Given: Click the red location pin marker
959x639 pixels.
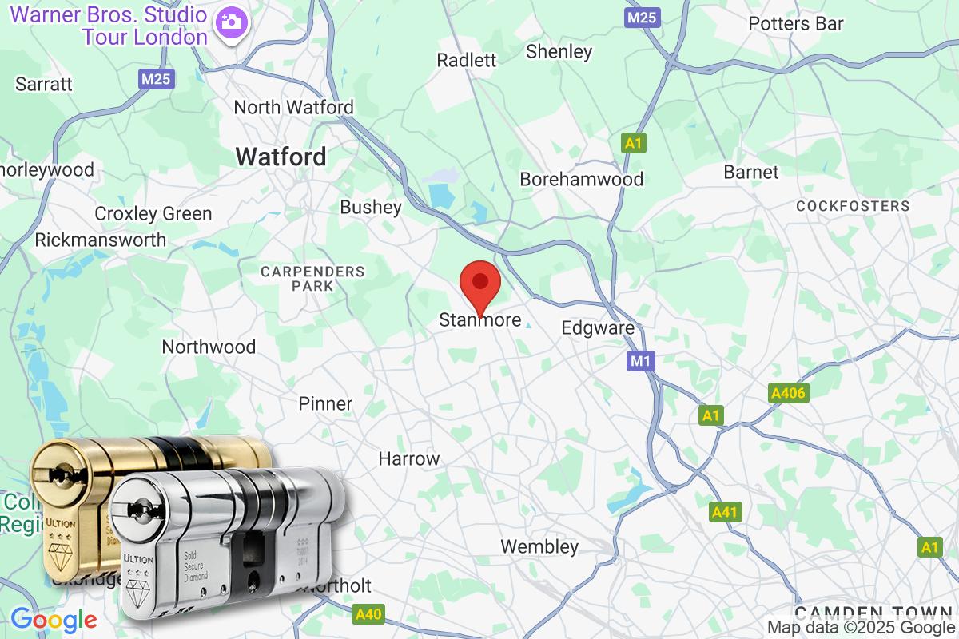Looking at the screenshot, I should (x=480, y=284).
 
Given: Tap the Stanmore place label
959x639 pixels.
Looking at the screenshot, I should (x=479, y=321).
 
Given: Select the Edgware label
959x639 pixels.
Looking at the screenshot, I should (x=598, y=328).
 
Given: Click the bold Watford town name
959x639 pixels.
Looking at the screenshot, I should (x=281, y=157).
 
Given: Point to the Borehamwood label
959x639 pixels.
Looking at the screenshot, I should (x=581, y=179).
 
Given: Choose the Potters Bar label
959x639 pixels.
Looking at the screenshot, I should (x=795, y=24).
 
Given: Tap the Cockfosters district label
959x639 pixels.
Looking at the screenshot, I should (x=853, y=206).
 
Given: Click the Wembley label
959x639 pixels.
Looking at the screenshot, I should (x=539, y=547).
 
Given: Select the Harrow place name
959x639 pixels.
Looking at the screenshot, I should (x=409, y=459).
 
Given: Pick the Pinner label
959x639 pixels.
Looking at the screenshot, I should (x=325, y=403).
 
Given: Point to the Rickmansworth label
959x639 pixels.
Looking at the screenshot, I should (x=101, y=240).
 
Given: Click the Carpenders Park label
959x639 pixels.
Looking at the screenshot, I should (x=312, y=278).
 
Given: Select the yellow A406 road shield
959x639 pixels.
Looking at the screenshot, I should (x=789, y=393).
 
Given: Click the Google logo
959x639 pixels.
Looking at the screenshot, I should (x=54, y=619).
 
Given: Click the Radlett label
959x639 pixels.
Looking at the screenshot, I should (x=467, y=60).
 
